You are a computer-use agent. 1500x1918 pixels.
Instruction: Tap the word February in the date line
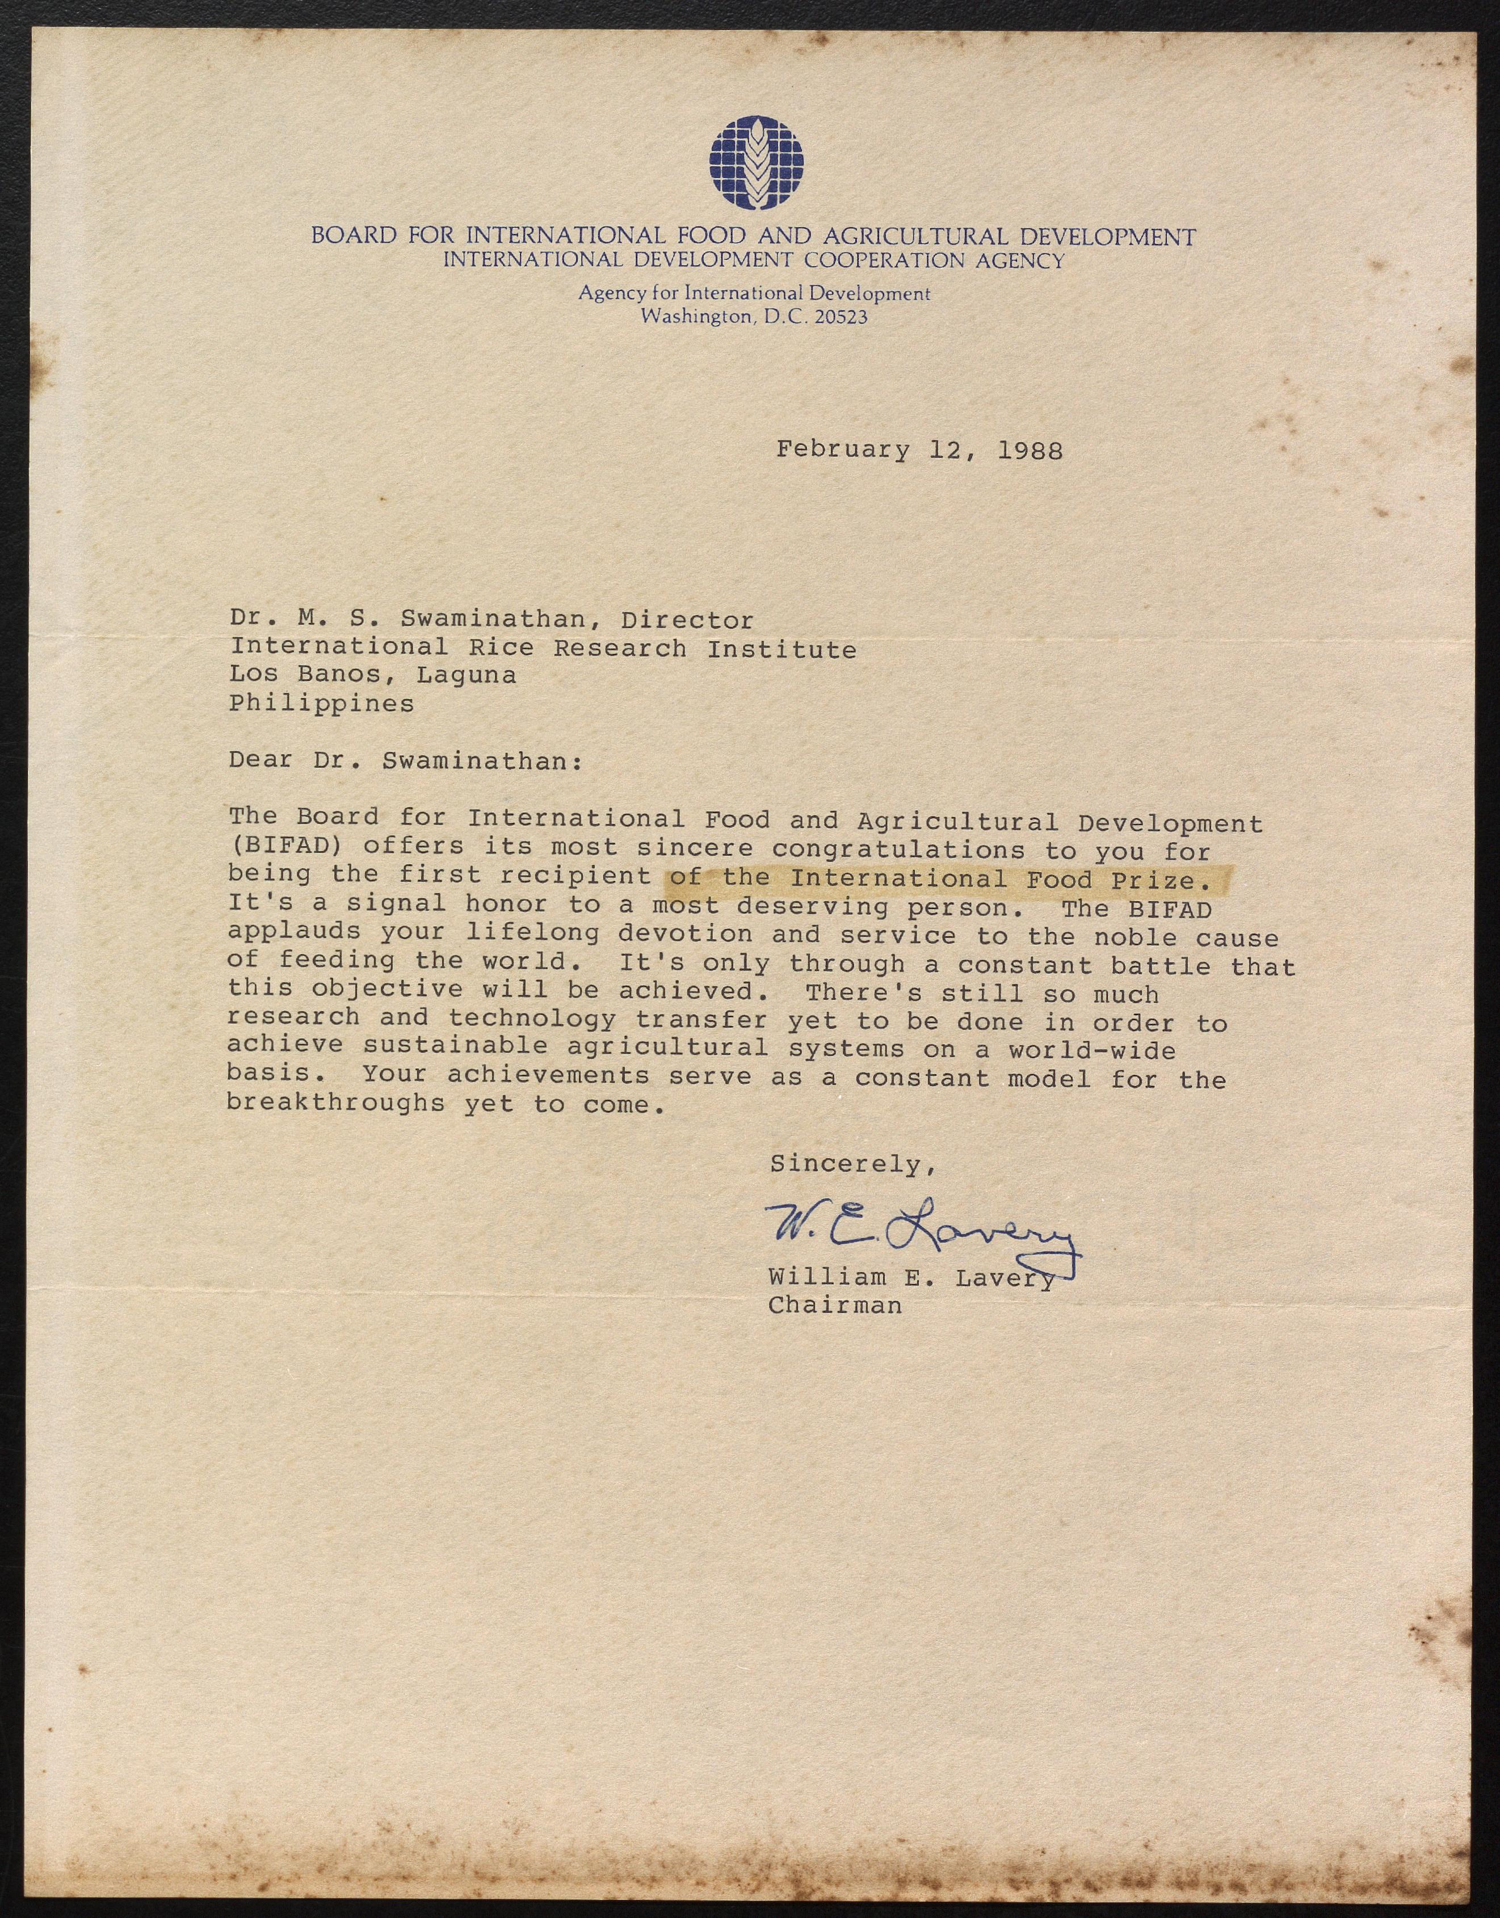tap(843, 451)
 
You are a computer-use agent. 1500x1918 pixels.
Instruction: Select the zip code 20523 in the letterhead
tap(841, 317)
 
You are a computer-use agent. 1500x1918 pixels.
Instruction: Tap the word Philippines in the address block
tap(321, 704)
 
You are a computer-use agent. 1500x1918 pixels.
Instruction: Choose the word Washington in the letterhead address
tap(696, 317)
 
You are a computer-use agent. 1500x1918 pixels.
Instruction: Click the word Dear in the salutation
tap(260, 760)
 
